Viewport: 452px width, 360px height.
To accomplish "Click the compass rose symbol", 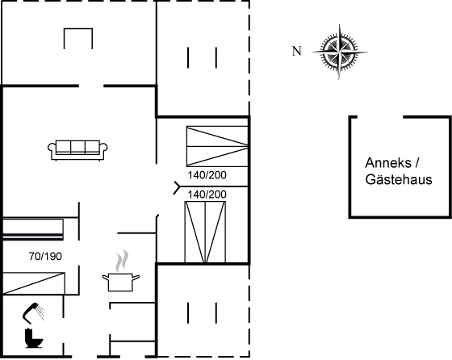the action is pos(339,52).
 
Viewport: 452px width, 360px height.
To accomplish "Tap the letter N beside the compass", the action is pos(297,51).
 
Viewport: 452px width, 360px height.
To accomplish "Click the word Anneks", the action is pos(388,163).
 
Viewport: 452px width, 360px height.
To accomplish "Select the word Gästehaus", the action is pos(399,179).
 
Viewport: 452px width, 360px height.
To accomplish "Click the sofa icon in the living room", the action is pos(77,150).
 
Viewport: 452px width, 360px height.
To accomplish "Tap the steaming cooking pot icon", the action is pos(121,282).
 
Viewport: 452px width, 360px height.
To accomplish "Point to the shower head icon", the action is pos(33,312).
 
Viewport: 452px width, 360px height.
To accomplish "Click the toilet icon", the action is pos(34,338).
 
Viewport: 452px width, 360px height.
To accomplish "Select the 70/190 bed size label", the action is pos(45,256).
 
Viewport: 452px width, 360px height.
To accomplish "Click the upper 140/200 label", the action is pos(207,175).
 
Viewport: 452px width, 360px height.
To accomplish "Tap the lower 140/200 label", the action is pos(207,195).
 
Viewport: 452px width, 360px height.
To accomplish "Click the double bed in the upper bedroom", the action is pos(217,146).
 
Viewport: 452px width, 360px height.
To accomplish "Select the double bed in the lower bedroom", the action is pos(205,232).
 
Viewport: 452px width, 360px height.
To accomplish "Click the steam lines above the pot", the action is pos(122,261).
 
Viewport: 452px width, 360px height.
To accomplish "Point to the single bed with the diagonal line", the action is pos(33,283).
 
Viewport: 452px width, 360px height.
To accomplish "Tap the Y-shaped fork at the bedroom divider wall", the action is pos(177,187).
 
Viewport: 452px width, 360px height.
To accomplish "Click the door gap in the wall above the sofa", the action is pos(91,86).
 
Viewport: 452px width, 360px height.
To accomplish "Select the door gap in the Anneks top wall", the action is pos(380,117).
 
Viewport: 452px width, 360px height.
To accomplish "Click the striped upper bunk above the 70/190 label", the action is pos(32,230).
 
